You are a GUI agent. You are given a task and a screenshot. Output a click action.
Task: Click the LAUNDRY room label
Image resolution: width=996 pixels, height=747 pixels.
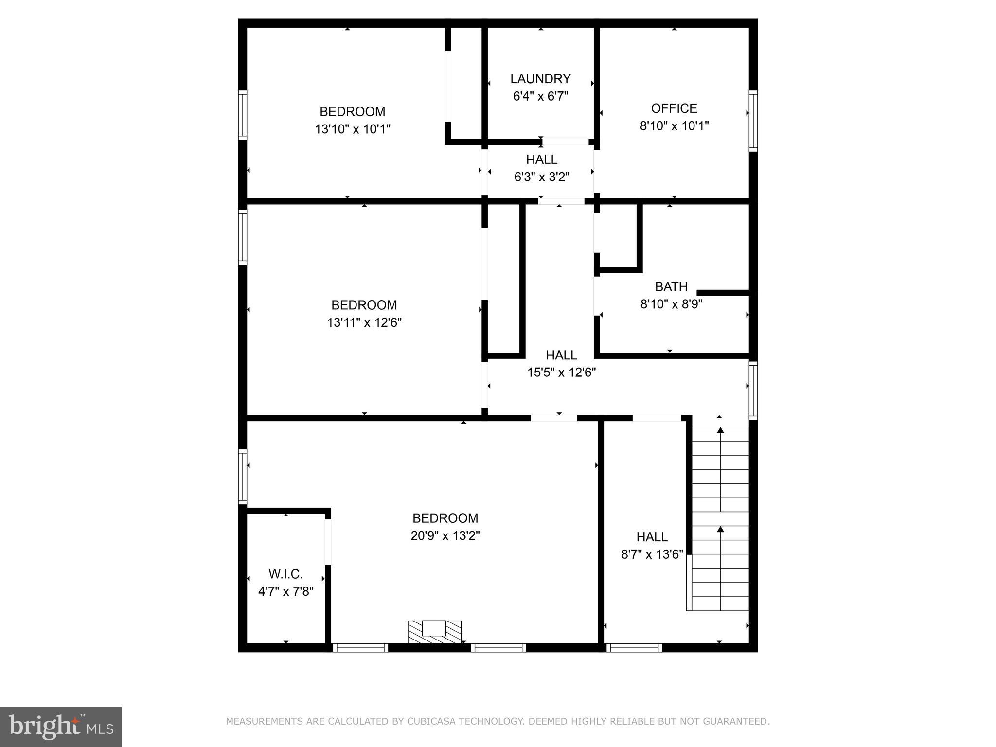(x=540, y=79)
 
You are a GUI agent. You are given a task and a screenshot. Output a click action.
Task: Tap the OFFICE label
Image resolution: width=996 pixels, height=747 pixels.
(x=674, y=108)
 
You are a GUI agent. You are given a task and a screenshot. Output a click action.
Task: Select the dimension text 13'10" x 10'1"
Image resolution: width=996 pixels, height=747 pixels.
(x=353, y=129)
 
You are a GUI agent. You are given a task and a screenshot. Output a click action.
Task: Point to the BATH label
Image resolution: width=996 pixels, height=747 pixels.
(x=671, y=286)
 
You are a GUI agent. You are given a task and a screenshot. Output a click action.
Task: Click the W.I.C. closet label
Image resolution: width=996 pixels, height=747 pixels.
(x=285, y=574)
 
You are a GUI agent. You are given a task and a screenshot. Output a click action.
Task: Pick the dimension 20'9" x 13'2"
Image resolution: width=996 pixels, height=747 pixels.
(x=445, y=536)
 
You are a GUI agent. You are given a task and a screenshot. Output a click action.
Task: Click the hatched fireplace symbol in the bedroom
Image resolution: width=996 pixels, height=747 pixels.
(x=434, y=632)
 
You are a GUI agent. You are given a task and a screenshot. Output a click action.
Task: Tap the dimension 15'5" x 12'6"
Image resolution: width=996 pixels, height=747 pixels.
(x=561, y=373)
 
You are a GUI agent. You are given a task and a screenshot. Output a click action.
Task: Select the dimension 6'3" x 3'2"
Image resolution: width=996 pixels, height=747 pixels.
(x=542, y=177)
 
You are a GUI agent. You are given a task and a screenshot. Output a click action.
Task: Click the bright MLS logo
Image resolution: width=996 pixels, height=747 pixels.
(x=61, y=727)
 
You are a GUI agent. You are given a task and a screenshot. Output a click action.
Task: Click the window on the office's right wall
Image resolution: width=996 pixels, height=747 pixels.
(x=753, y=121)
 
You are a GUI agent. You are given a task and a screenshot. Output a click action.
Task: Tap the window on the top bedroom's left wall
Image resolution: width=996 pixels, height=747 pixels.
(x=242, y=115)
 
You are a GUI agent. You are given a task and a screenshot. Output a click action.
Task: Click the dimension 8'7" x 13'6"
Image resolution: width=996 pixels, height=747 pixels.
(x=652, y=554)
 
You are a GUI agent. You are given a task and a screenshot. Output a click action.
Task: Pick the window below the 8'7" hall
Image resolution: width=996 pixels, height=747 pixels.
(x=634, y=647)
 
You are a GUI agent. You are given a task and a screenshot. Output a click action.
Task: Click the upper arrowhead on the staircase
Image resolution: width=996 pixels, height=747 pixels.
(x=720, y=430)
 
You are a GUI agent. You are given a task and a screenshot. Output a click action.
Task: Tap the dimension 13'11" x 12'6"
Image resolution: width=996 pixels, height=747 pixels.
(x=364, y=322)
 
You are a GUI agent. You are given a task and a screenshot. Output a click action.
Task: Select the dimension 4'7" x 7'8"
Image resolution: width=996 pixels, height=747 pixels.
(x=285, y=592)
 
